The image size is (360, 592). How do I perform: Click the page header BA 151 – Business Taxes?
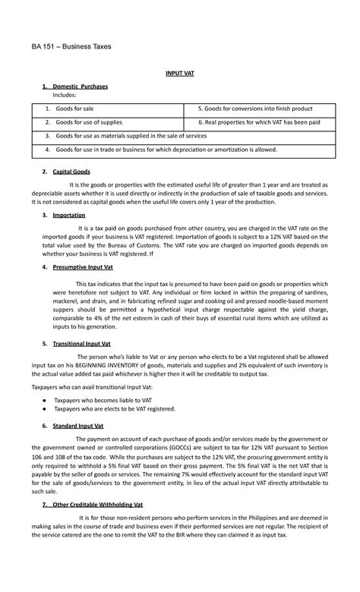[71, 47]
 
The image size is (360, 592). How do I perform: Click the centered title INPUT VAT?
[179, 74]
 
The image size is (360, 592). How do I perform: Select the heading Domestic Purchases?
[80, 87]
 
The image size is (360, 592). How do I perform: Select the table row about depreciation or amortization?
[167, 150]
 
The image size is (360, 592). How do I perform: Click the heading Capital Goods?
[71, 172]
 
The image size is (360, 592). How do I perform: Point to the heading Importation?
[69, 216]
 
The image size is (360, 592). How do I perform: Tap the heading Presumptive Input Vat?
[84, 269]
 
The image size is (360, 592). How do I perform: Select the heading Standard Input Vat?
[79, 427]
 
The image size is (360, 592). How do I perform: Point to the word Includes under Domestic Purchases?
[65, 96]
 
